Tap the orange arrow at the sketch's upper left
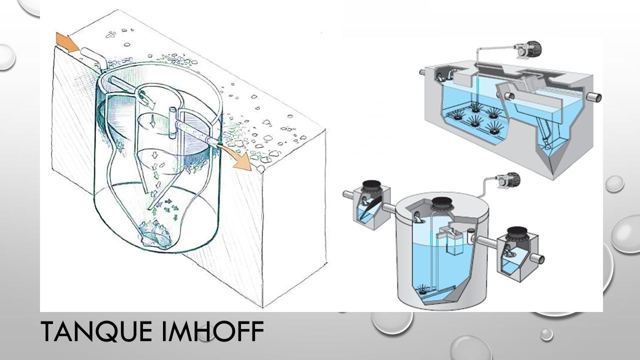point(67,41)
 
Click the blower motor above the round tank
point(508,180)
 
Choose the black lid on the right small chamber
point(517,233)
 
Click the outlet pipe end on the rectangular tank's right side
point(595,97)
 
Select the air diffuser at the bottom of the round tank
point(423,289)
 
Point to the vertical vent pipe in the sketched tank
point(172,122)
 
